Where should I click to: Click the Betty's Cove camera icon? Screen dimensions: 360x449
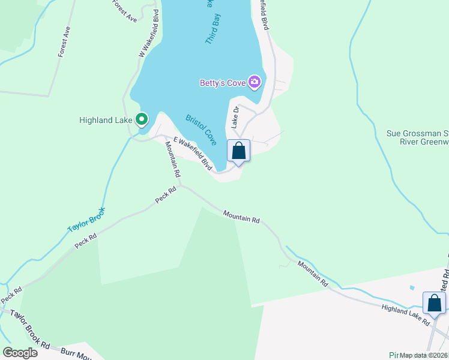255,82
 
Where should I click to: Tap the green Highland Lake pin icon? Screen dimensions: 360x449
142,119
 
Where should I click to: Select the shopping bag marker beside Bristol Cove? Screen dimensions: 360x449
238,151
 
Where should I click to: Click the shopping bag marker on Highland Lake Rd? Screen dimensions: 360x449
434,303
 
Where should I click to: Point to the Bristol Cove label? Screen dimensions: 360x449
201,130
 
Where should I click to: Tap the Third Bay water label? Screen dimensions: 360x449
212,30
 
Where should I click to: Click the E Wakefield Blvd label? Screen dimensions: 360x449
193,153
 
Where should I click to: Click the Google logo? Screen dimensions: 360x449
20,352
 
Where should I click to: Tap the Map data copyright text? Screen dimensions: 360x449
424,355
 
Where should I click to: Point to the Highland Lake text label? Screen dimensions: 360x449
105,120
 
